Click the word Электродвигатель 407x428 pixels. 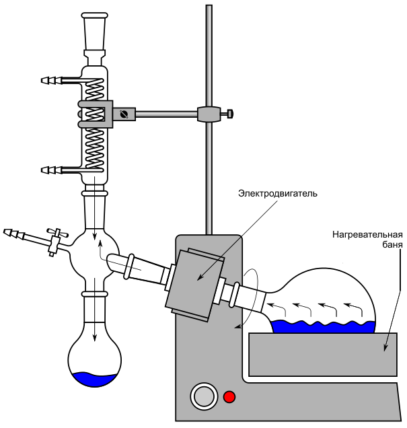[x=276, y=194]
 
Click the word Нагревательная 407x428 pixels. [x=367, y=235]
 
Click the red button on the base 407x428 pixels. [x=229, y=396]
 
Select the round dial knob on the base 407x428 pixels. [x=202, y=396]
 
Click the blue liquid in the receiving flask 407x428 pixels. [x=95, y=380]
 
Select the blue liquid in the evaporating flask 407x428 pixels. [x=322, y=326]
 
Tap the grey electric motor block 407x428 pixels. [x=195, y=283]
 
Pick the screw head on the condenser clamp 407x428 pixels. [x=123, y=114]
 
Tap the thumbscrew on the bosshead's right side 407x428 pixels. [x=229, y=114]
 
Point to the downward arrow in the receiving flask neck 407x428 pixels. [x=95, y=320]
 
